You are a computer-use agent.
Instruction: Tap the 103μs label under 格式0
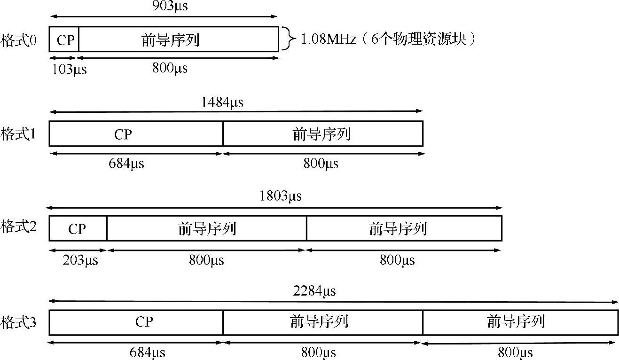point(69,69)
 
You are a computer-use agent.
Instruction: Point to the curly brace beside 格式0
point(286,39)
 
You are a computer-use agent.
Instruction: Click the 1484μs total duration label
point(222,102)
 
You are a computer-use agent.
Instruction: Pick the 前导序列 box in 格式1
point(323,134)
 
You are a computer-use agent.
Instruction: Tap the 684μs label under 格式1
point(126,164)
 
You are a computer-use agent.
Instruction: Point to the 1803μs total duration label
point(280,196)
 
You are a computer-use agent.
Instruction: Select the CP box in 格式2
point(78,228)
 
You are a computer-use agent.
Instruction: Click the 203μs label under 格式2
point(80,259)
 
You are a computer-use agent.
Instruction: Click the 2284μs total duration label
point(314,291)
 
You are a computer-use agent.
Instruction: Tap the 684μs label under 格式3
point(147,352)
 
